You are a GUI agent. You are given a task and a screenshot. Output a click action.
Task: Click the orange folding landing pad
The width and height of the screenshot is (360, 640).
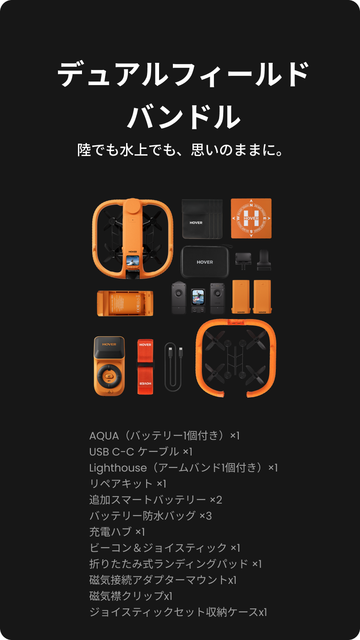(251, 218)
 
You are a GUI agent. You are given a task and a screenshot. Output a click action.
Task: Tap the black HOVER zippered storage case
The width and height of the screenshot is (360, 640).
(205, 262)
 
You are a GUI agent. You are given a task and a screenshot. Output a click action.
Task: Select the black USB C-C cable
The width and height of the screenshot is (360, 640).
(173, 367)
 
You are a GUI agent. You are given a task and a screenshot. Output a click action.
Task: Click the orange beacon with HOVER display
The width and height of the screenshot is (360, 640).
(109, 366)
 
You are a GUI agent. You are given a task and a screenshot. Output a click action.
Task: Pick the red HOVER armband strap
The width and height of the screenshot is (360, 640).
(145, 367)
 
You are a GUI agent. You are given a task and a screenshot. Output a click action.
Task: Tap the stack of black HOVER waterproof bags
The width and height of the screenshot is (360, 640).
(202, 219)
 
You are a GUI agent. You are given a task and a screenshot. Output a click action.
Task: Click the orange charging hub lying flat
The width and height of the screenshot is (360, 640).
(125, 304)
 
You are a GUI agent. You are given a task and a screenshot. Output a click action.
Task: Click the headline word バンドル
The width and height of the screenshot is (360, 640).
(184, 117)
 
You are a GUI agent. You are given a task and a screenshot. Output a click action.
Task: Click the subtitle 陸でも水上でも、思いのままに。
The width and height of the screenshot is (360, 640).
(180, 150)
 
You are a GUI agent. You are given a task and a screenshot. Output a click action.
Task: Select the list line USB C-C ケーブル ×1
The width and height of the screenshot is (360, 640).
(141, 452)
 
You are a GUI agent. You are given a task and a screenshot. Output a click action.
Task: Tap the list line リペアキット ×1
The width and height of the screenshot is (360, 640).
(128, 484)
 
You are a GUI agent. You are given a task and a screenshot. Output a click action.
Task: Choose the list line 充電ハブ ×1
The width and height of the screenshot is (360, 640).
(117, 532)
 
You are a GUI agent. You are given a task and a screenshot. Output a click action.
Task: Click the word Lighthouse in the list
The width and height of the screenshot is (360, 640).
(118, 468)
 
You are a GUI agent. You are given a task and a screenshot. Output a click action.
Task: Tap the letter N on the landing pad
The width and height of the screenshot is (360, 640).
(251, 205)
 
